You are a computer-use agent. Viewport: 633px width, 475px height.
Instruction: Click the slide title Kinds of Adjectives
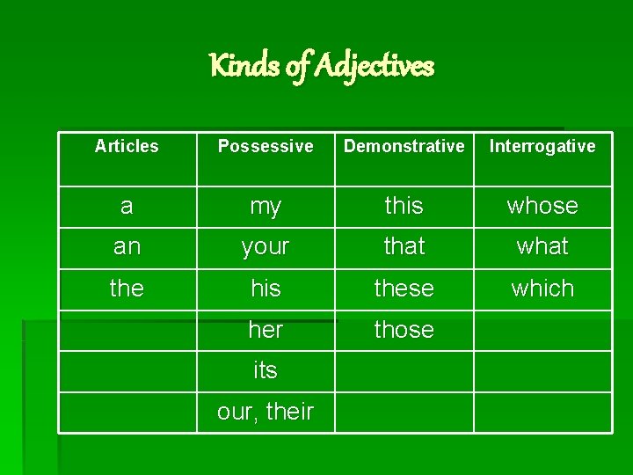(x=322, y=66)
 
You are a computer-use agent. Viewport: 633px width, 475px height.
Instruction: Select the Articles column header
(x=127, y=146)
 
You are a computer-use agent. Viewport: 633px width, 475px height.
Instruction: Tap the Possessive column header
(x=266, y=146)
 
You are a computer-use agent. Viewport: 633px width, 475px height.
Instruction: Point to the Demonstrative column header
(x=404, y=146)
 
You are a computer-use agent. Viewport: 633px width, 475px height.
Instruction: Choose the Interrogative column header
(x=542, y=146)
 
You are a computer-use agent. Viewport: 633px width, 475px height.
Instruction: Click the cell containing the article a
(x=127, y=206)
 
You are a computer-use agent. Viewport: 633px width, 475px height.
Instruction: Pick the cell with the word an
(x=127, y=247)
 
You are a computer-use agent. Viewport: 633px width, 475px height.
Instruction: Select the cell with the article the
(x=127, y=289)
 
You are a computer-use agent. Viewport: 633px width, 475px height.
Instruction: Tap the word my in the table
(x=266, y=206)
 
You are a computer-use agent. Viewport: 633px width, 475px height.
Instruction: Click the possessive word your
(x=266, y=247)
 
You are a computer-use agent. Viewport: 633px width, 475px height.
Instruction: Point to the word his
(x=266, y=289)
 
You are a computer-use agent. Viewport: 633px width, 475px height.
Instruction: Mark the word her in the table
(x=266, y=330)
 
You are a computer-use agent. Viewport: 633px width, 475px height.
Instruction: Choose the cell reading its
(x=266, y=370)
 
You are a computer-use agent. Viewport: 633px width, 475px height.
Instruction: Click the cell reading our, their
(x=266, y=412)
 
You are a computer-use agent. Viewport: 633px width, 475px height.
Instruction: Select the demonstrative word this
(x=404, y=206)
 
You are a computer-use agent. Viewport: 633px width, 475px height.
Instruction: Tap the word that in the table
(x=404, y=247)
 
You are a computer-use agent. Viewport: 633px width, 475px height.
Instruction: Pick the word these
(x=404, y=289)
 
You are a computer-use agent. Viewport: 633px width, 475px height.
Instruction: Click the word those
(x=404, y=330)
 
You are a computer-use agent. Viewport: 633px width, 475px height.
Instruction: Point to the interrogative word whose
(x=542, y=206)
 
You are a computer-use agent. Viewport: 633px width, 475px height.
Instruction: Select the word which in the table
(x=542, y=289)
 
